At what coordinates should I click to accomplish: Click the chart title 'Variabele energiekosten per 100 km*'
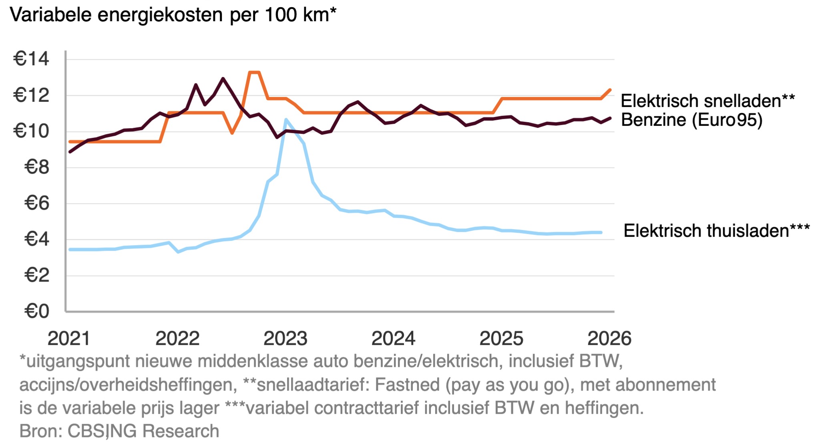[173, 15]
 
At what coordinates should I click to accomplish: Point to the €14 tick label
[31, 59]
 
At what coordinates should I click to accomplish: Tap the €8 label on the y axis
[37, 167]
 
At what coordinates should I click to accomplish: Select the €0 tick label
[37, 311]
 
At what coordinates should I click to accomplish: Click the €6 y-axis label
[37, 203]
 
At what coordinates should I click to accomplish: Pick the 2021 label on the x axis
[69, 339]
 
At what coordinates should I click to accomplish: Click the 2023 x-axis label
[285, 339]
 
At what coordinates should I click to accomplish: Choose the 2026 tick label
[609, 339]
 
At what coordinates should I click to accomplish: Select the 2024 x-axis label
[393, 339]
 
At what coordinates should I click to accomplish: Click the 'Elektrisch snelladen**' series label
[707, 101]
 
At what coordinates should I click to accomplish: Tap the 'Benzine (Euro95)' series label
[691, 120]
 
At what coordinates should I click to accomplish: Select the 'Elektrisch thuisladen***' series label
[716, 231]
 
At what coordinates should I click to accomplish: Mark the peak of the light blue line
[285, 119]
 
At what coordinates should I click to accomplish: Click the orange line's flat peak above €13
[254, 72]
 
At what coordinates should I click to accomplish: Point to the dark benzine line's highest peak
[223, 79]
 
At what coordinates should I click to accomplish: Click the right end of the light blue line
[601, 232]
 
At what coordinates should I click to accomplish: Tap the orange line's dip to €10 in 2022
[232, 133]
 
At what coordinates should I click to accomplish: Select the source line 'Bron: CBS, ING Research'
[119, 431]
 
